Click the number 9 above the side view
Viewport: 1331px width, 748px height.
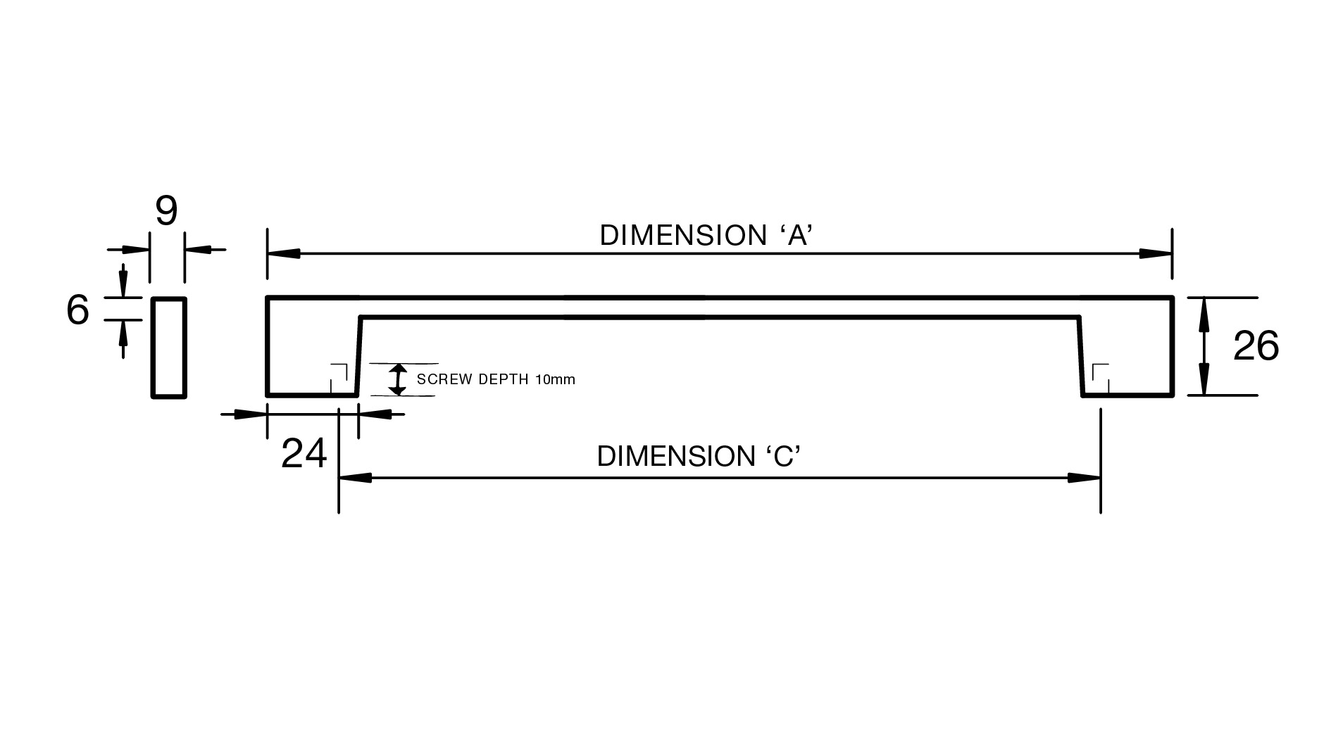(166, 210)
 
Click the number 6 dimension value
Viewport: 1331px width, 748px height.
(77, 310)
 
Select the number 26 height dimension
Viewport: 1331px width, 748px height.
(1256, 346)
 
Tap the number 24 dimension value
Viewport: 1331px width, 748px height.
(304, 453)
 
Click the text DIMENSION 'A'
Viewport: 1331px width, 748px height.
(706, 236)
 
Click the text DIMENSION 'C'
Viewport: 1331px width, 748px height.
(699, 457)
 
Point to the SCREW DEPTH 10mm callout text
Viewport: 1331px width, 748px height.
(496, 379)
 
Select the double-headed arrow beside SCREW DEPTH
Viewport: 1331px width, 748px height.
(399, 379)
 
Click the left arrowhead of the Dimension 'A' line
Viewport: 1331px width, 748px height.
(283, 253)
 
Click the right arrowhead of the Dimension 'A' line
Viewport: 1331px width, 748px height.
(1156, 253)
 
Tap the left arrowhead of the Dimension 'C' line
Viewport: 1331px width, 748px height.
(356, 478)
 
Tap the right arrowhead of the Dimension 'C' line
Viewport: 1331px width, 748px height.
(1084, 478)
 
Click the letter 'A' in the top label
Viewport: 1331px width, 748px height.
(797, 236)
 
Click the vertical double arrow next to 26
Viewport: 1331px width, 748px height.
(1204, 346)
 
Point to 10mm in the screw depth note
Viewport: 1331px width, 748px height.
(555, 379)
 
